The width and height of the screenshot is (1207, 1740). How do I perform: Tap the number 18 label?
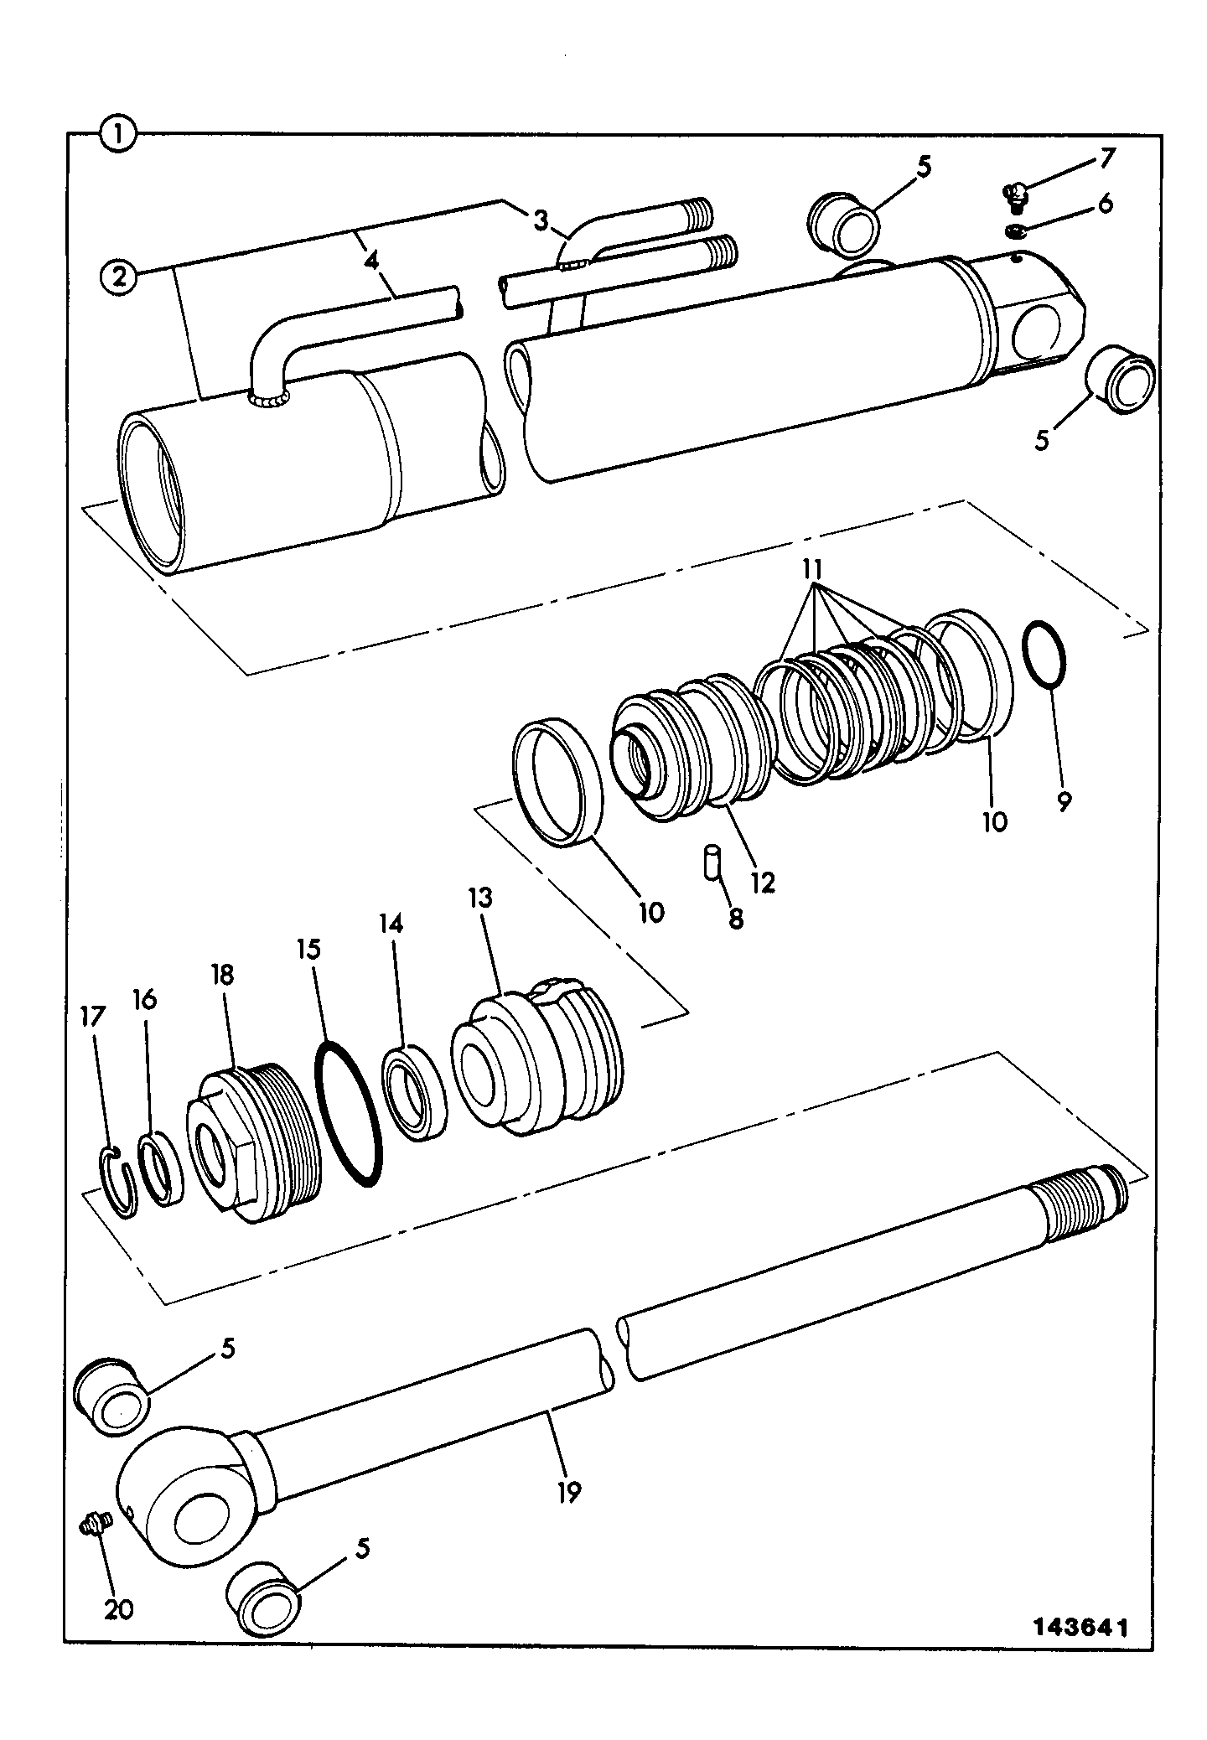click(222, 975)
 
